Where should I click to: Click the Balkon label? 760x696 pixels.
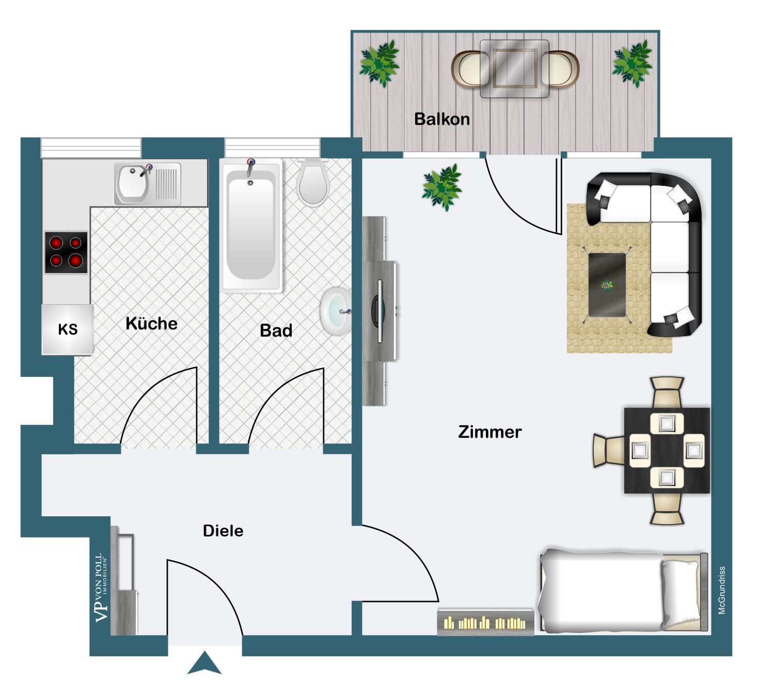click(x=442, y=119)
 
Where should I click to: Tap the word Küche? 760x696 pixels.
click(x=152, y=323)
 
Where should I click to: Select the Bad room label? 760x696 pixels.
click(x=276, y=330)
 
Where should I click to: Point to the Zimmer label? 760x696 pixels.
click(x=489, y=432)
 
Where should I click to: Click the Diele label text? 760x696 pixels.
click(x=223, y=530)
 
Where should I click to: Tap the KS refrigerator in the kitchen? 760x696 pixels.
click(x=68, y=329)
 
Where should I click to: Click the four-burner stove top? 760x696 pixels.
click(x=66, y=252)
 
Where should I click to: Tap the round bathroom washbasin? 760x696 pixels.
click(x=336, y=311)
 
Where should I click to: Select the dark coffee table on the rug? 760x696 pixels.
click(x=607, y=285)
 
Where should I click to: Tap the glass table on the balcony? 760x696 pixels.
click(x=514, y=69)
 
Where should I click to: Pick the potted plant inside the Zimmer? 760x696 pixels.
click(x=442, y=187)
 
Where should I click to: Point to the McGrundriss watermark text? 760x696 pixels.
click(x=721, y=590)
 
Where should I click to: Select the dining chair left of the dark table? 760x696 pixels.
click(x=609, y=451)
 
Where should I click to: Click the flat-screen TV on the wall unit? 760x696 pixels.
click(x=379, y=311)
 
